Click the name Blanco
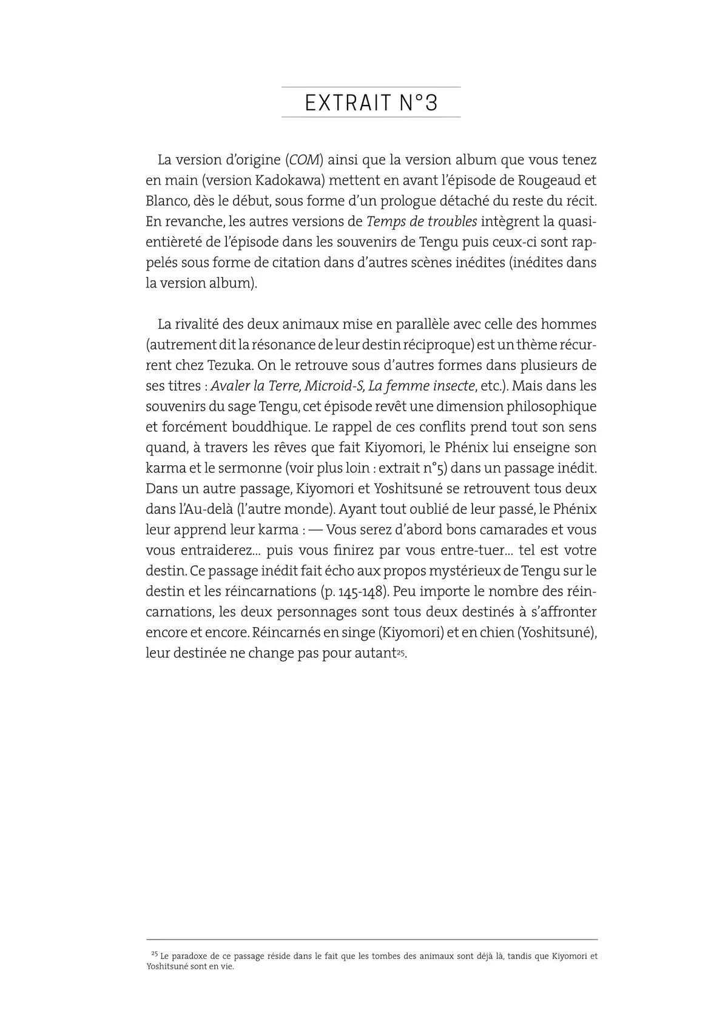(x=166, y=201)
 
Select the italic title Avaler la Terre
(x=255, y=386)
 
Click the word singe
(x=359, y=632)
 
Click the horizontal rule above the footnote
(x=371, y=940)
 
